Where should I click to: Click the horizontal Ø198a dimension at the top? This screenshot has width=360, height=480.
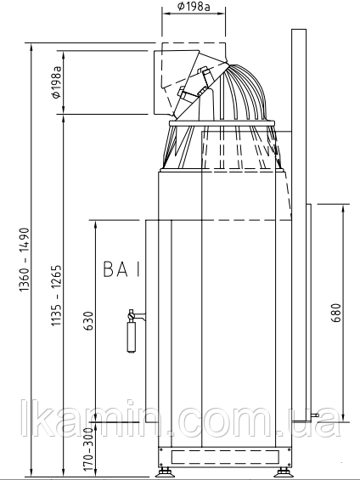tap(194, 7)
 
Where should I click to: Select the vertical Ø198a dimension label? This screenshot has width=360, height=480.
tap(57, 82)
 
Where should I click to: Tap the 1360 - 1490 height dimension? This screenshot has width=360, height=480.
tap(24, 260)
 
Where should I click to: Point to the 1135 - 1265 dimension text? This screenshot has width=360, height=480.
tap(56, 296)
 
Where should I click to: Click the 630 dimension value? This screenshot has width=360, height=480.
tap(88, 321)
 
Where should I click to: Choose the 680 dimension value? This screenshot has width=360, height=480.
tap(335, 313)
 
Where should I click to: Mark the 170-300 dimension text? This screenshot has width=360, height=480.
tap(88, 449)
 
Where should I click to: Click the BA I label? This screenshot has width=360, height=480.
tap(121, 269)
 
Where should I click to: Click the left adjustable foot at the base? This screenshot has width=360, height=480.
tap(165, 472)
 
